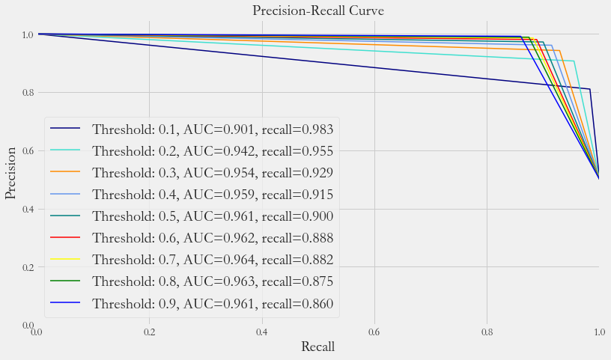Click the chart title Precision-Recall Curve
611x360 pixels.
pos(317,10)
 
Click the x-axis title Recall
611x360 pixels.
pos(317,347)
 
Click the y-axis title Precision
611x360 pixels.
pos(11,180)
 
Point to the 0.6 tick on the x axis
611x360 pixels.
pos(374,332)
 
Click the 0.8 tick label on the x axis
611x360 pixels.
pos(487,332)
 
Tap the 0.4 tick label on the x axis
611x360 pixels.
pos(262,332)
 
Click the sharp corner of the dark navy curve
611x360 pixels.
pos(589,89)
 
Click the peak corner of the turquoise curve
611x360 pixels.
pos(574,61)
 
